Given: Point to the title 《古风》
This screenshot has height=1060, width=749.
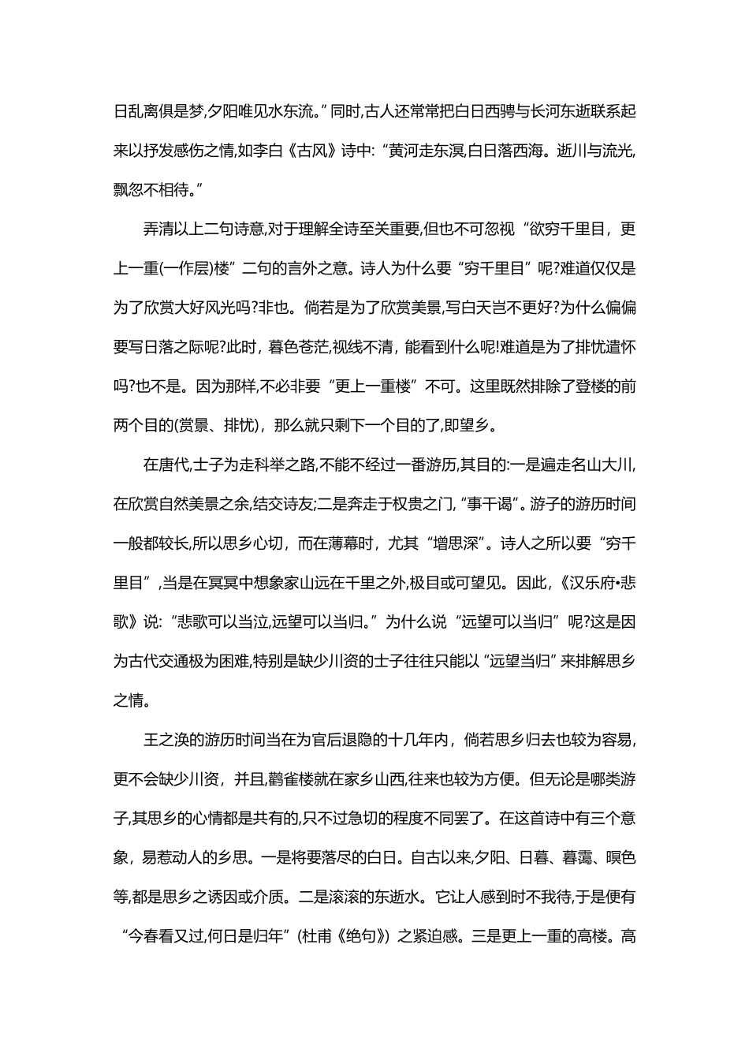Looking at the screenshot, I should [313, 150].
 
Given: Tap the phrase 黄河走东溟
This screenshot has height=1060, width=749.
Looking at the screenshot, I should [424, 150].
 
